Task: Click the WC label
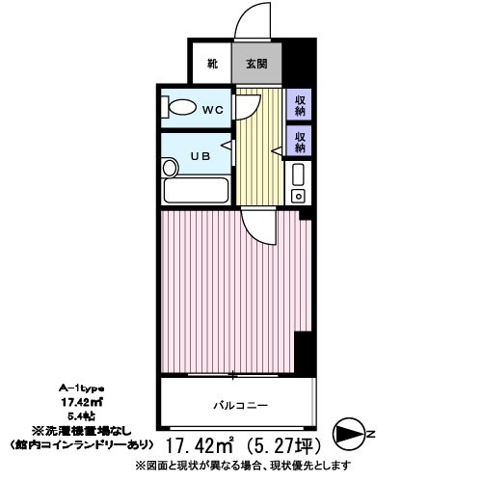212,109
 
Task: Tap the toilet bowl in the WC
181,109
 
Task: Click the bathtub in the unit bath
196,190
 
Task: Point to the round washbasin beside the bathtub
173,170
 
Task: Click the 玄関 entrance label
255,66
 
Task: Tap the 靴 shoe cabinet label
211,66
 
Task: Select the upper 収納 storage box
300,103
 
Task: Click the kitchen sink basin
299,176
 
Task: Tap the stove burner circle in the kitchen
299,197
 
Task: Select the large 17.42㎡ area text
205,446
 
